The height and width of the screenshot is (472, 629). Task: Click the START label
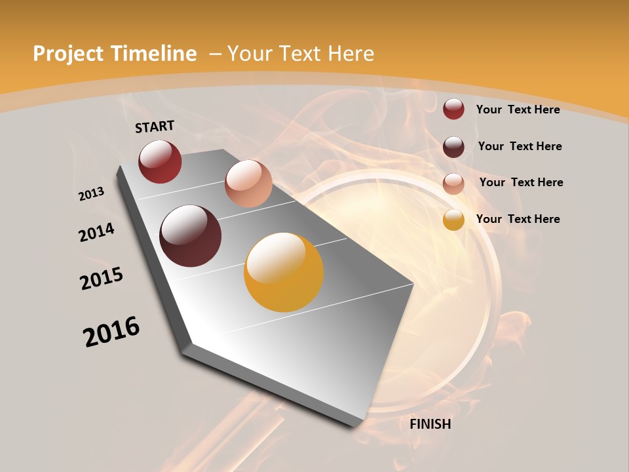[x=155, y=127]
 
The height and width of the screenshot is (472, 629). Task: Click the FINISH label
[x=430, y=424]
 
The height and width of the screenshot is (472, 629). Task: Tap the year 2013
[x=92, y=193]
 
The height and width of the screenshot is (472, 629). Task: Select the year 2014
[x=96, y=233]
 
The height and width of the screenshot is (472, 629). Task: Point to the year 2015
[x=102, y=279]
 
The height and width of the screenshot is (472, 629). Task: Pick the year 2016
[x=111, y=332]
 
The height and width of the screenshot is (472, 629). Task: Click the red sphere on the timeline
[x=160, y=161]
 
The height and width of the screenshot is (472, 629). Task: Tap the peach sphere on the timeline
[x=248, y=184]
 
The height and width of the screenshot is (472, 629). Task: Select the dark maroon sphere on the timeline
[x=190, y=236]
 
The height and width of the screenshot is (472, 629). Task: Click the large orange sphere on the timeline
[x=284, y=272]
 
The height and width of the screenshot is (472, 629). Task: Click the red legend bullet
[x=453, y=109]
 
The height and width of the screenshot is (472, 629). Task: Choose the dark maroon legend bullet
[x=453, y=147]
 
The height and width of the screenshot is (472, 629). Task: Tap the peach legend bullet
[x=453, y=184]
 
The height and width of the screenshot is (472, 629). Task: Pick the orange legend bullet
[x=453, y=220]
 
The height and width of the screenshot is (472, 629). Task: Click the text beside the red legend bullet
[x=518, y=109]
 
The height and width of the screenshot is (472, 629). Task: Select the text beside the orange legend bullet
[x=518, y=219]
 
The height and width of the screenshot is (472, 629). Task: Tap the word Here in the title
[x=352, y=54]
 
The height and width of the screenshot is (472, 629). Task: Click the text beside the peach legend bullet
[x=521, y=182]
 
